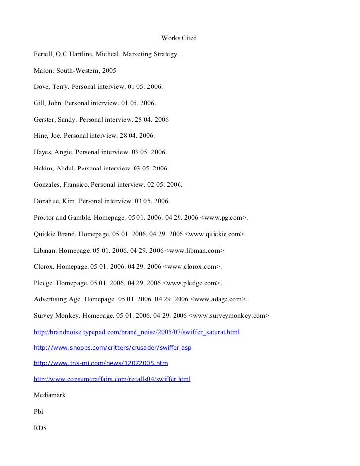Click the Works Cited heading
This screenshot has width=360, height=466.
[179, 38]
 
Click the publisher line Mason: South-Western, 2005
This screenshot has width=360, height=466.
[75, 71]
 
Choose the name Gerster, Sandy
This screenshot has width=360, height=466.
[55, 120]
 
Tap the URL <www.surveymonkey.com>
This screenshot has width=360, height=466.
[232, 315]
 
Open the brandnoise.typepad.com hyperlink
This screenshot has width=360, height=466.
[136, 332]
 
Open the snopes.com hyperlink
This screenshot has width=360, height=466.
[112, 348]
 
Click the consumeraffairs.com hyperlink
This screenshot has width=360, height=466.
[112, 379]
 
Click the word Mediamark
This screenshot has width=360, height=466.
[49, 395]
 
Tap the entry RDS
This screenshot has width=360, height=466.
[40, 428]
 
